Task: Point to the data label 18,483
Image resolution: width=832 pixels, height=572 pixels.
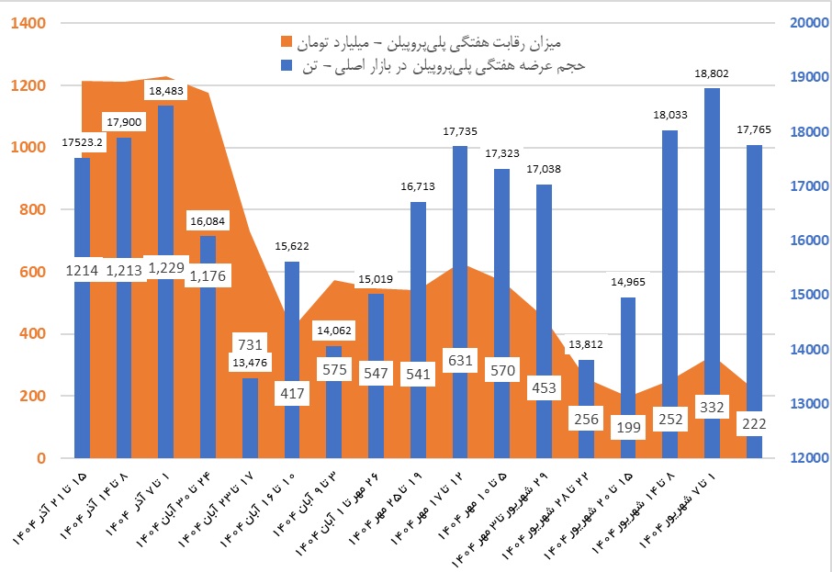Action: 165,91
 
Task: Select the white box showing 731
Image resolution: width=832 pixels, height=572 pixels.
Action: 250,344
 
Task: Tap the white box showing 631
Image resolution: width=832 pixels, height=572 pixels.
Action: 460,359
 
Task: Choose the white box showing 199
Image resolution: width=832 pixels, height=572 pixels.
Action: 627,425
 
